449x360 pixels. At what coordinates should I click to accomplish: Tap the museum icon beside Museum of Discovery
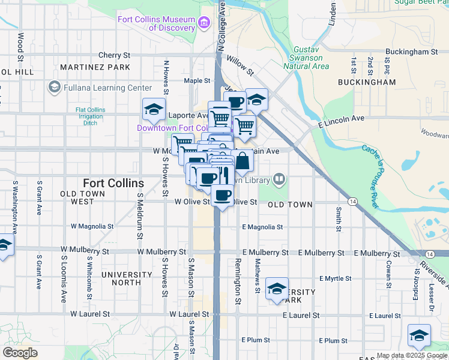point(205,23)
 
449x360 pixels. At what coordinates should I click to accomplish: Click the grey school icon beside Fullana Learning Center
point(55,88)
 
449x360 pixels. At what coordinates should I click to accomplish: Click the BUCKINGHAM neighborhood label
point(367,82)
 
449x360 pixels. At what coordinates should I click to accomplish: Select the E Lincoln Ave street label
point(342,119)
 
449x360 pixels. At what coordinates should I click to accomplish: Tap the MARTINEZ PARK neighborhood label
point(87,67)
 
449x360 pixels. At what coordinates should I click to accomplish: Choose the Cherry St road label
point(110,55)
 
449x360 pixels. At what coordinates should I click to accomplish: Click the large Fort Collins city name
point(113,183)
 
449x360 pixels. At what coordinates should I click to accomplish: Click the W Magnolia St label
point(92,227)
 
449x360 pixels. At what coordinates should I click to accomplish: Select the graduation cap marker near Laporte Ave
point(154,110)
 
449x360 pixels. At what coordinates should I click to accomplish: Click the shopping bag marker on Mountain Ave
point(243,161)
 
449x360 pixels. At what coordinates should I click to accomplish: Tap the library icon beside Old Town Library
point(279,179)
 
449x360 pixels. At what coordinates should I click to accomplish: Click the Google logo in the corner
point(20,353)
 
